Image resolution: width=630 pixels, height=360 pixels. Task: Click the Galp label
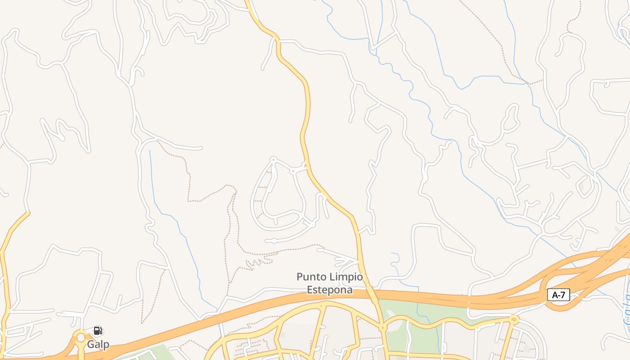98,345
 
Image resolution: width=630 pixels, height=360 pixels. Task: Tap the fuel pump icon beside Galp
98,331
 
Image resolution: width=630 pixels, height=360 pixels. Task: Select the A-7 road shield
558,295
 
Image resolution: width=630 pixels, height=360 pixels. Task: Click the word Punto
311,277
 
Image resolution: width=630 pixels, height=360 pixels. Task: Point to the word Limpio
346,277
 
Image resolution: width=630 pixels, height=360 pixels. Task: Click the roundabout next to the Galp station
81,337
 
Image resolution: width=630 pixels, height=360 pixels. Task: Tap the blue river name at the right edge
627,310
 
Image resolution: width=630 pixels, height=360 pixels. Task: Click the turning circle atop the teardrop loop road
273,159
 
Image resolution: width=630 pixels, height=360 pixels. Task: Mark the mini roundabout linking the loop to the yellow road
293,171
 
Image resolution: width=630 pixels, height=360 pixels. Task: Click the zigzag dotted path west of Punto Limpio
258,262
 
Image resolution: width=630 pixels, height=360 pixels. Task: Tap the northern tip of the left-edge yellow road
28,213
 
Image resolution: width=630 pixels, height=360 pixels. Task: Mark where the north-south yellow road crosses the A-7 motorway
372,295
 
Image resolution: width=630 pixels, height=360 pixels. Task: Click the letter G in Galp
90,345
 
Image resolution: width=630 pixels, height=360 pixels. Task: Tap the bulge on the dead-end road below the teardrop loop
274,241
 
